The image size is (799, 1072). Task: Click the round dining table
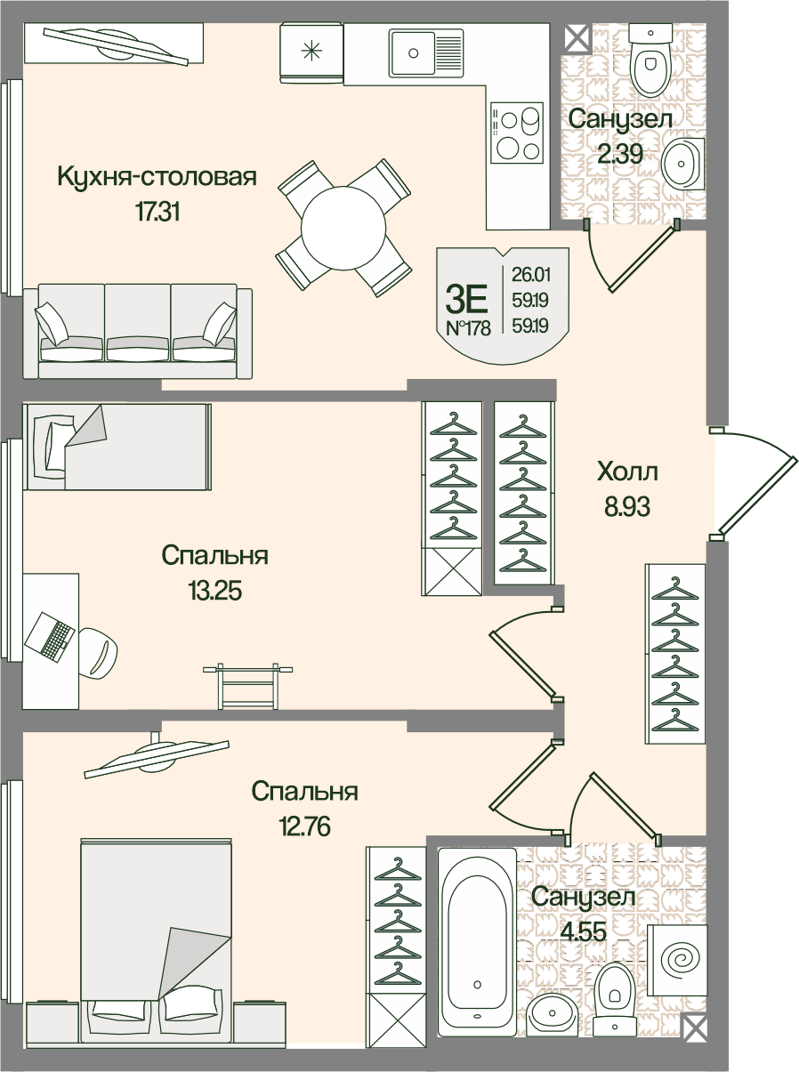point(343,228)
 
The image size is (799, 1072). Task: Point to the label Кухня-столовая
point(157,176)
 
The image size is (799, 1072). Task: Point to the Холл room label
point(628,471)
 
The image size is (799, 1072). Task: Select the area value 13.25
point(214,590)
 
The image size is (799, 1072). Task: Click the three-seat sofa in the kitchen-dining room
point(138,332)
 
